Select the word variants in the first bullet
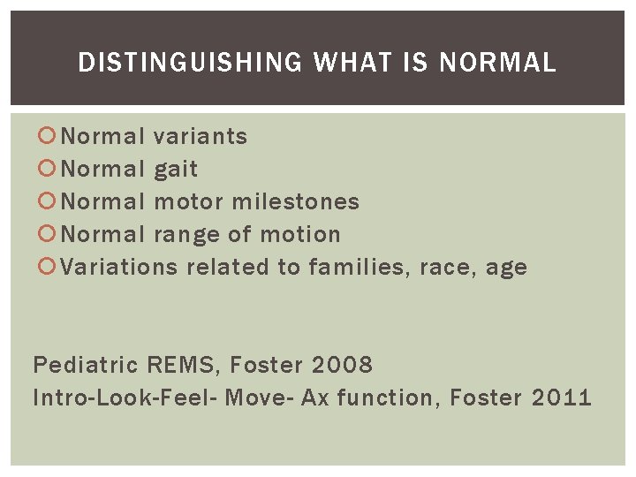(201, 136)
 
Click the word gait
(176, 170)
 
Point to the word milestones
(295, 201)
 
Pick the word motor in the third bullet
(188, 201)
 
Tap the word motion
(299, 235)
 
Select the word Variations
(119, 267)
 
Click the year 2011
(561, 397)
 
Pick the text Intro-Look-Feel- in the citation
(125, 397)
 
